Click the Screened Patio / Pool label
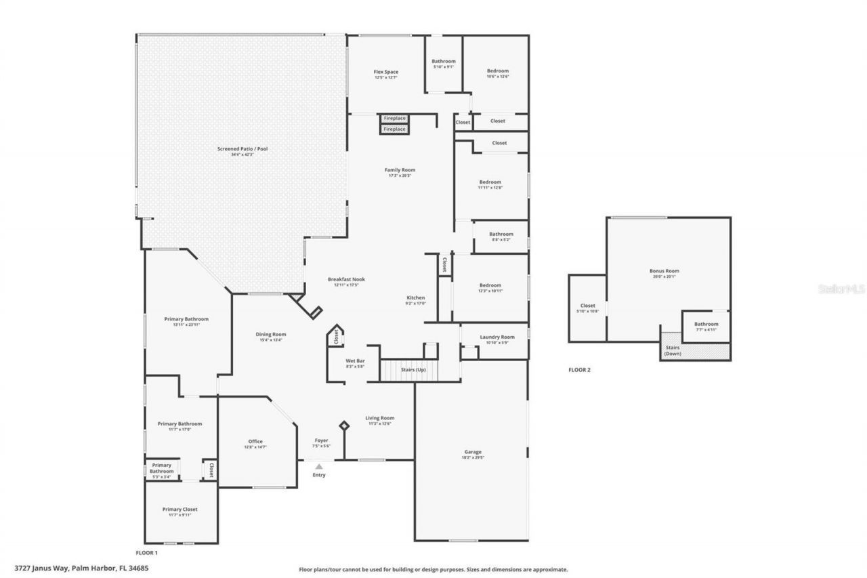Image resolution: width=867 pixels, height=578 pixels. [242, 148]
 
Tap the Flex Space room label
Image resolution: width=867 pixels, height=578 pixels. [386, 72]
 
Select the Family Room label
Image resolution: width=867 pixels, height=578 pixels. [400, 170]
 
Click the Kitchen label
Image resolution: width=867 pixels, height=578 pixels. [415, 298]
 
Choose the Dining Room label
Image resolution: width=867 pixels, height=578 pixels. [270, 334]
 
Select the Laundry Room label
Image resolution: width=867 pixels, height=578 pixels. [496, 337]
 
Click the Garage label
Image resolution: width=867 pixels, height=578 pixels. [472, 452]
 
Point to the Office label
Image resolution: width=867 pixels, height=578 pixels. [255, 442]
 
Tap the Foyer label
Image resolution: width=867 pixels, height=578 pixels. [321, 440]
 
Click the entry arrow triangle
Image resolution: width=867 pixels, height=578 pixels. [319, 466]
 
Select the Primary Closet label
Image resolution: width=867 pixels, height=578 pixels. [179, 510]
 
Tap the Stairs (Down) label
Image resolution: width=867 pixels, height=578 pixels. [673, 350]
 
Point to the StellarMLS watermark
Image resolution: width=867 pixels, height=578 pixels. [841, 289]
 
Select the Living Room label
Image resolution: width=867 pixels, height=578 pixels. [379, 418]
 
